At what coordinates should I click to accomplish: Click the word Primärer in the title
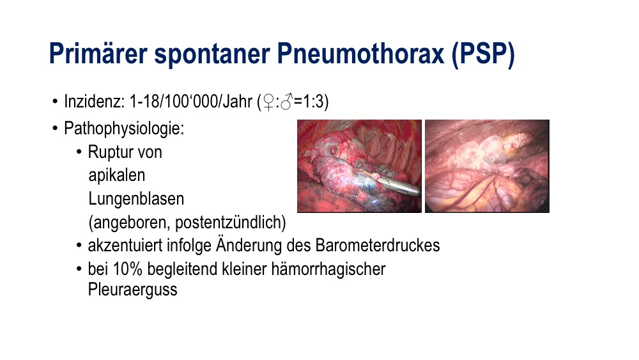(x=98, y=54)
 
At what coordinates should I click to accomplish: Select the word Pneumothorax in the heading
(x=360, y=54)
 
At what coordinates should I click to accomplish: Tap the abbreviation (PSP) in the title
(x=484, y=54)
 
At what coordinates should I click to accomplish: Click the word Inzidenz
(x=94, y=102)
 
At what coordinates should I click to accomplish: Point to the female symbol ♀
(x=268, y=102)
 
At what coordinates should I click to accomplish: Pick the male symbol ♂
(x=286, y=102)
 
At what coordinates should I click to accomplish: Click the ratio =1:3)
(x=311, y=102)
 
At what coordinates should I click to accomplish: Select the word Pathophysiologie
(x=124, y=129)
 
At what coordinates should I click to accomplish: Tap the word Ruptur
(x=108, y=152)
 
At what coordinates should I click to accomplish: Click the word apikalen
(x=116, y=176)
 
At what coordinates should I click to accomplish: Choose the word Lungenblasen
(x=136, y=199)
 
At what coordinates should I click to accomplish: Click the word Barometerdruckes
(x=378, y=246)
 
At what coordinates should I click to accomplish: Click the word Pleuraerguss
(x=132, y=290)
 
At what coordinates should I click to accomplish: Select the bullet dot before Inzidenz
(x=55, y=102)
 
